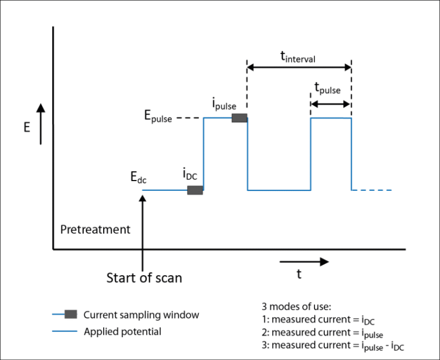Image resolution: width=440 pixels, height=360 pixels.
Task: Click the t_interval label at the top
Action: pyautogui.click(x=297, y=56)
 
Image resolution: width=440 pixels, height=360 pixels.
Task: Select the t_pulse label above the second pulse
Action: pyautogui.click(x=327, y=89)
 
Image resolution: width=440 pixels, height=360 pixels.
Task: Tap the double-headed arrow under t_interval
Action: pyautogui.click(x=298, y=67)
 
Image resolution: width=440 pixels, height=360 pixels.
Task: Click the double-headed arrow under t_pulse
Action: pyautogui.click(x=330, y=104)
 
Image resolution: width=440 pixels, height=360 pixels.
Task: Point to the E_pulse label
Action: pyautogui.click(x=158, y=118)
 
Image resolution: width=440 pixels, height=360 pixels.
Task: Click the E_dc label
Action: pyautogui.click(x=139, y=178)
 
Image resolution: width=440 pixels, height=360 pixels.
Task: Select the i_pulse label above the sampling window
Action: pyautogui.click(x=224, y=105)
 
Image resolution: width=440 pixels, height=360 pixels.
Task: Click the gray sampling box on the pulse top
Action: pyautogui.click(x=239, y=118)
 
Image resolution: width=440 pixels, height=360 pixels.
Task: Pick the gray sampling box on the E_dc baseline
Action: pyautogui.click(x=195, y=190)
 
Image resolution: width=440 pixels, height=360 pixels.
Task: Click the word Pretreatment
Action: pyautogui.click(x=95, y=230)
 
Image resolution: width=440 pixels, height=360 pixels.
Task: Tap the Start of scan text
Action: pyautogui.click(x=144, y=278)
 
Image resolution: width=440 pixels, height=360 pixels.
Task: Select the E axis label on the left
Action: pyautogui.click(x=26, y=128)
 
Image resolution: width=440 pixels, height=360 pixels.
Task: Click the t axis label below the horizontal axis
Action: pyautogui.click(x=298, y=275)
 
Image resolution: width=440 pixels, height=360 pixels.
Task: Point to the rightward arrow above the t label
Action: pyautogui.click(x=304, y=261)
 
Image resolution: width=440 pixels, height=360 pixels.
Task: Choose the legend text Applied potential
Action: pyautogui.click(x=122, y=331)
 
